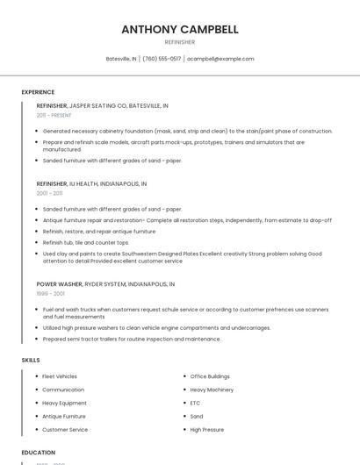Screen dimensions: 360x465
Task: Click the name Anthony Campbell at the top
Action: coord(179,29)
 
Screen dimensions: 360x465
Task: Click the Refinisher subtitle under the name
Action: coord(179,42)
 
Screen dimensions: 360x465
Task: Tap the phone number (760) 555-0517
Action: coord(162,59)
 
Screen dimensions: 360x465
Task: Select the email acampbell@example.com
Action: coord(220,59)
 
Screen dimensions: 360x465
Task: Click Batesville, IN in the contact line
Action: coord(121,59)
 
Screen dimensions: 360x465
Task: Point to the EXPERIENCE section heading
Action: coord(38,92)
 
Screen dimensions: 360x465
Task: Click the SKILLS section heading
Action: coord(30,360)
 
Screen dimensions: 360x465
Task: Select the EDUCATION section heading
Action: coord(38,453)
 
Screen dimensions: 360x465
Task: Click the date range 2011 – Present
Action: coord(54,115)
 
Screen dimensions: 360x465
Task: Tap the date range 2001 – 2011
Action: coord(49,193)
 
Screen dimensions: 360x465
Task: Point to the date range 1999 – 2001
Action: coord(49,294)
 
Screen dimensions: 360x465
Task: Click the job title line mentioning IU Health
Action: coord(91,184)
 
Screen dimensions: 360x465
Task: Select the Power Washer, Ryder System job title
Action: coord(105,284)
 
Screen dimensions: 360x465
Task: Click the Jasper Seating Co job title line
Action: coord(102,105)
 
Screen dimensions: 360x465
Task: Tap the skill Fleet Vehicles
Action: coord(60,376)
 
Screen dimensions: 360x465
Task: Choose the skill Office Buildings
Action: coord(210,376)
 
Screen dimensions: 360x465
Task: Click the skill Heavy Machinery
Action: coord(212,390)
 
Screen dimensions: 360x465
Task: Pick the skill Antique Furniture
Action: coord(64,417)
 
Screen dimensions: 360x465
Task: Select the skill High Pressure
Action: coord(207,430)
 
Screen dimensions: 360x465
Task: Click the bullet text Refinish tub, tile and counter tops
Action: coord(85,242)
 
